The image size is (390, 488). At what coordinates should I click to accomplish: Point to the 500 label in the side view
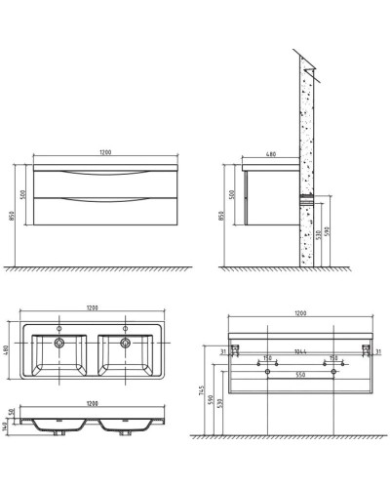(231, 194)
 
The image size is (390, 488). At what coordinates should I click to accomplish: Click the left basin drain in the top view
(59, 344)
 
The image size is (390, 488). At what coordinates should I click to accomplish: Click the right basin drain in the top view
(126, 344)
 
